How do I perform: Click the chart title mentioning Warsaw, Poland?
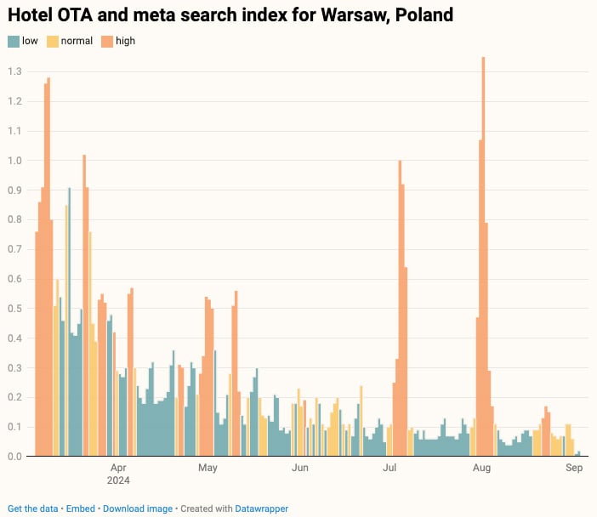click(230, 15)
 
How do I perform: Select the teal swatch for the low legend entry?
click(13, 41)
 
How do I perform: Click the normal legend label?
click(77, 41)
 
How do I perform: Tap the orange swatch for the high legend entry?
click(107, 41)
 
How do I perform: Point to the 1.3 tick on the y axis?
click(14, 71)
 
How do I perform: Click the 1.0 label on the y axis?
click(14, 161)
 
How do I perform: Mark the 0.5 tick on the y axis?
click(14, 309)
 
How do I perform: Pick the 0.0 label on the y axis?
click(14, 457)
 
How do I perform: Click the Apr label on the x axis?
click(118, 468)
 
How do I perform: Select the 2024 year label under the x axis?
click(118, 480)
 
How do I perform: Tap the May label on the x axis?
click(208, 468)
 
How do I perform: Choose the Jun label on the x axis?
click(299, 468)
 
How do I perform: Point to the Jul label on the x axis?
click(389, 468)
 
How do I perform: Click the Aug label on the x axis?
click(481, 468)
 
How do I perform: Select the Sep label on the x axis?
click(574, 468)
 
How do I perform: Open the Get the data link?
click(33, 508)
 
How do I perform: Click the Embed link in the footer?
click(80, 508)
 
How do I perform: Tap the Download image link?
click(137, 508)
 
